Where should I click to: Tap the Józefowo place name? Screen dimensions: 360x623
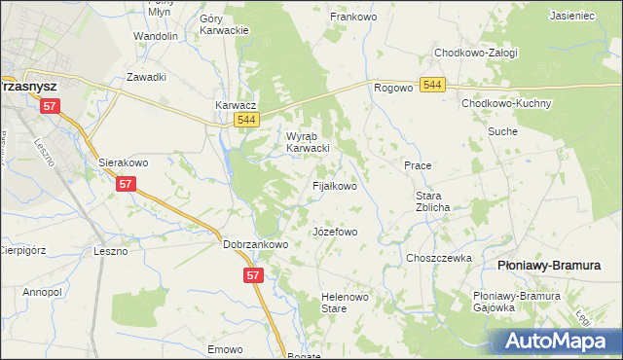pyautogui.click(x=335, y=233)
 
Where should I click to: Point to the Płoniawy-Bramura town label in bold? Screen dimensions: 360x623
pyautogui.click(x=549, y=265)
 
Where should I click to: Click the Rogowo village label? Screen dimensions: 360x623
pyautogui.click(x=393, y=88)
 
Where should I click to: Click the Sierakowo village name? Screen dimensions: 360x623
pyautogui.click(x=124, y=162)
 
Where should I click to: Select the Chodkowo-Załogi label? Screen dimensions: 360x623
pyautogui.click(x=476, y=53)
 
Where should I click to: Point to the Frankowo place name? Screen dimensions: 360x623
pyautogui.click(x=353, y=17)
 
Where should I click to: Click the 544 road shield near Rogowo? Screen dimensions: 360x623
pyautogui.click(x=434, y=87)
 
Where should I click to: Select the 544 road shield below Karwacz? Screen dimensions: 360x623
pyautogui.click(x=247, y=120)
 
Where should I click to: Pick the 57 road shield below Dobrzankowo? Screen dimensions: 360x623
pyautogui.click(x=252, y=276)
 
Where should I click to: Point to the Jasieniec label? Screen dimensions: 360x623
pyautogui.click(x=573, y=17)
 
